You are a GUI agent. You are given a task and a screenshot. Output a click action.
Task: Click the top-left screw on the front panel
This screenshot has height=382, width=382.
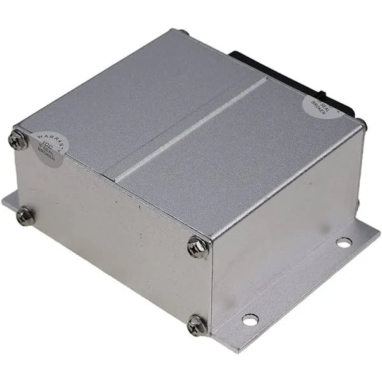19,140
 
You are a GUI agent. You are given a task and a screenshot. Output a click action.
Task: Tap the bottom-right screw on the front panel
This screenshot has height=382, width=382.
197,325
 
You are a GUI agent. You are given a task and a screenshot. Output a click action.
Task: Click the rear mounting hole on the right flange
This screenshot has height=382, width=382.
343,243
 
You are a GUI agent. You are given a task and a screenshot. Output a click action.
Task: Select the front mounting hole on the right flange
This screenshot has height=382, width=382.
250,319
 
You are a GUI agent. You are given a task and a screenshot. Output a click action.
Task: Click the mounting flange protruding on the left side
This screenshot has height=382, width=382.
9,202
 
